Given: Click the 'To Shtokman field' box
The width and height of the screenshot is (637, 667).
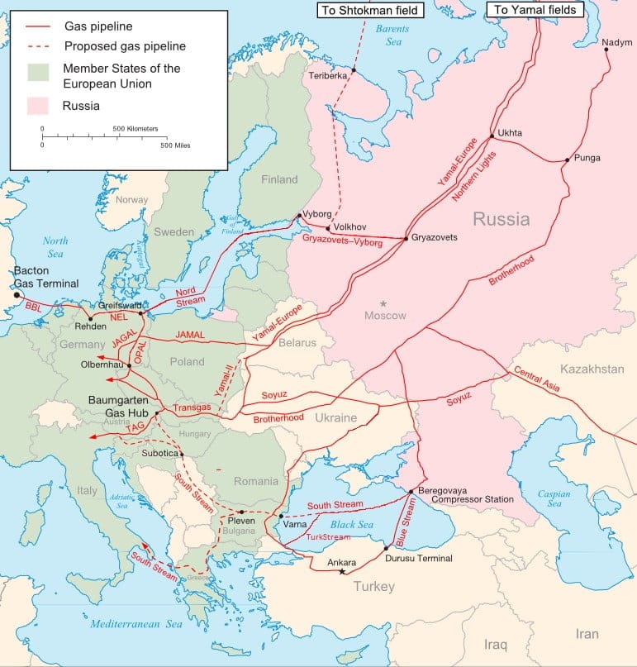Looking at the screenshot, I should tap(369, 10).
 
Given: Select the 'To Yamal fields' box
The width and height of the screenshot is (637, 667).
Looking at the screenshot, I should tap(535, 10).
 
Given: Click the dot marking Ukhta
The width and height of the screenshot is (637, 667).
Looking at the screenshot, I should tap(492, 136).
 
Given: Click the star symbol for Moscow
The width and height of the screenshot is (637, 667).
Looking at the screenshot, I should tap(383, 304).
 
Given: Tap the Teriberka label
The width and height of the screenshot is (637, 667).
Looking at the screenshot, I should tap(328, 75).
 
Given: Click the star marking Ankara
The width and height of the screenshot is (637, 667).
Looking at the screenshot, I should tap(341, 572).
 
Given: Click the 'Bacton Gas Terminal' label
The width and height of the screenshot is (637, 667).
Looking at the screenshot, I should tap(46, 277).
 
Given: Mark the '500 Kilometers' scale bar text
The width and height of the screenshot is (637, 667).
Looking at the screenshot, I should tap(135, 129).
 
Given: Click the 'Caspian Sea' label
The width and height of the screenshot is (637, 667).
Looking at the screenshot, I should tap(555, 498).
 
